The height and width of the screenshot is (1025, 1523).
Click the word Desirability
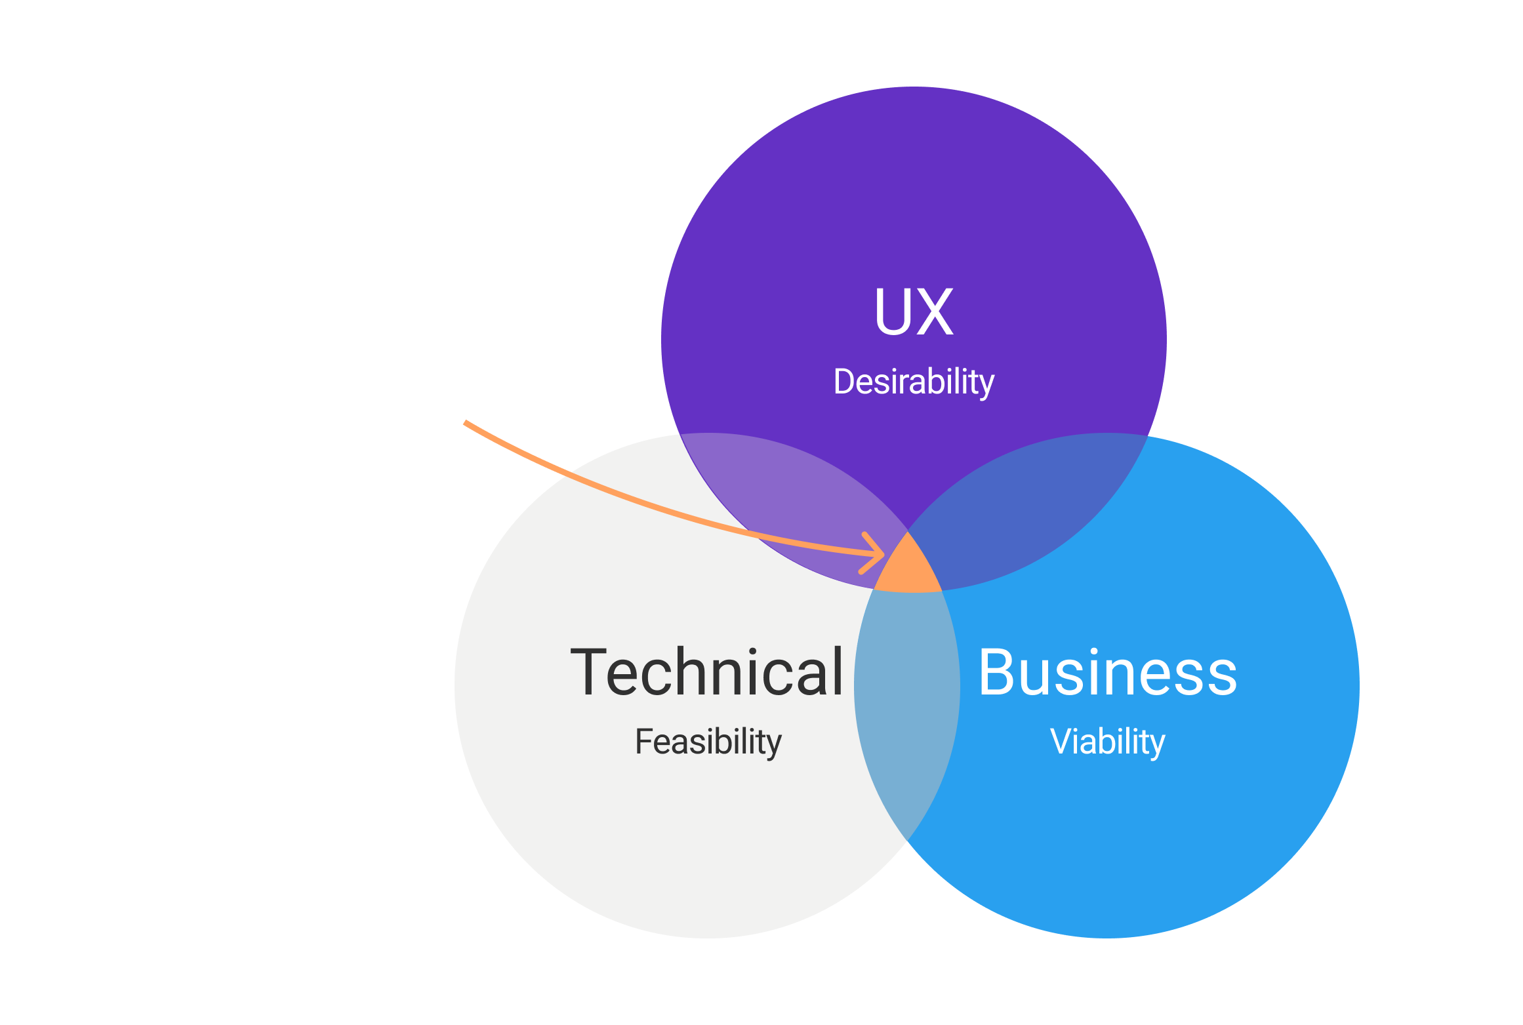coord(913,382)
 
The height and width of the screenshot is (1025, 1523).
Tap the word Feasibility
coord(708,742)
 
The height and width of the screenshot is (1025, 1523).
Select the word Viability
coord(1107,742)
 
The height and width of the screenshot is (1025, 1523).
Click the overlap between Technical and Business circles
coord(907,708)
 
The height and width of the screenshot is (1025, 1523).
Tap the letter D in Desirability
coord(844,382)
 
